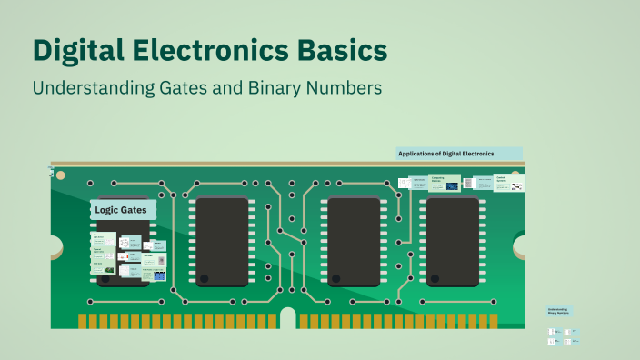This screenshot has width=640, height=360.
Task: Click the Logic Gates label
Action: (x=121, y=210)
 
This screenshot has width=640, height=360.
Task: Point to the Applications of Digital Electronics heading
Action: (x=458, y=154)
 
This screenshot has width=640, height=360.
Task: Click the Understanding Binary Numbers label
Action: (x=558, y=312)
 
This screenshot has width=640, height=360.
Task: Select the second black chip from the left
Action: (x=222, y=242)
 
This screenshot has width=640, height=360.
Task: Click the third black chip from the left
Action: (x=354, y=242)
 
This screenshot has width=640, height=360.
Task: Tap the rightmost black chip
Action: (x=453, y=242)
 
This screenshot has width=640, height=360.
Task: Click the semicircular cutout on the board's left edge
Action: (x=55, y=245)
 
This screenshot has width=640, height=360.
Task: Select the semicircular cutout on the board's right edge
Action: (x=520, y=245)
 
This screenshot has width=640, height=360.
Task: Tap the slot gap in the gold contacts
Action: (x=288, y=318)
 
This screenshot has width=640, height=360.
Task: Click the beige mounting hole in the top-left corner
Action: (x=61, y=175)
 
